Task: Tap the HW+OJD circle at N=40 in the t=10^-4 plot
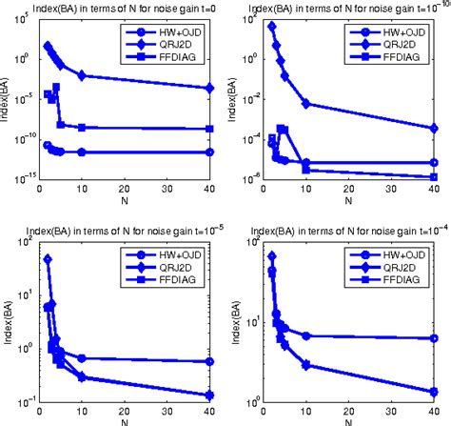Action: point(434,338)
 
